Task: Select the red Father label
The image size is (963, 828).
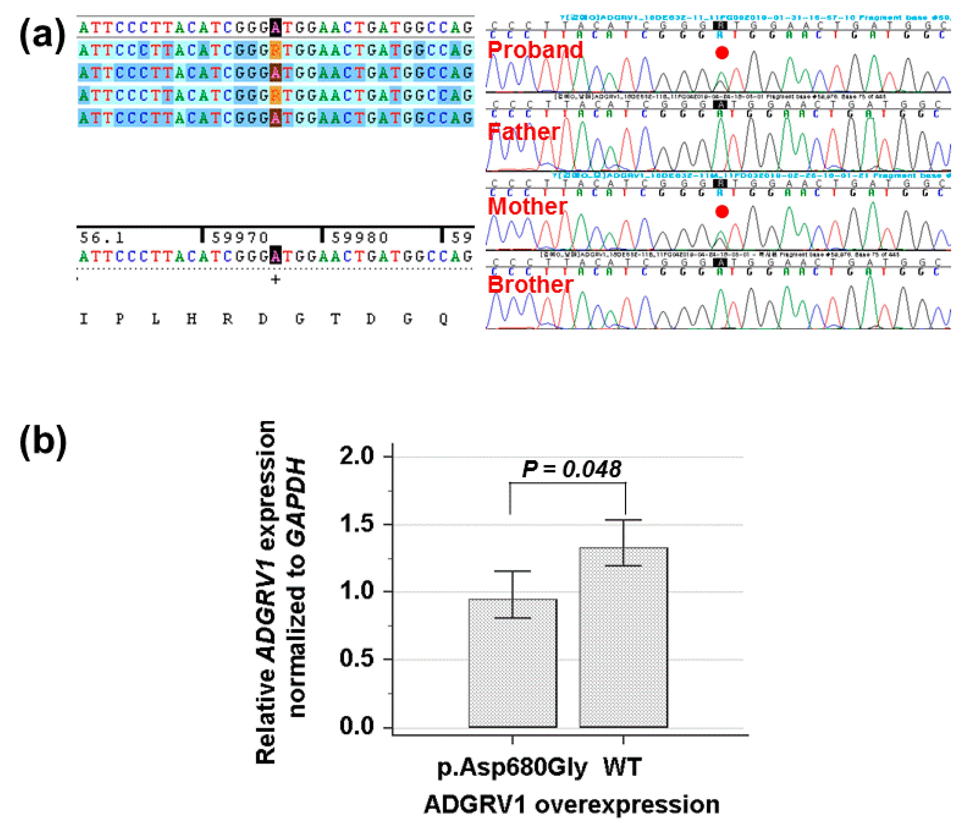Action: pyautogui.click(x=524, y=132)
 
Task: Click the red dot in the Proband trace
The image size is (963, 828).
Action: pyautogui.click(x=722, y=53)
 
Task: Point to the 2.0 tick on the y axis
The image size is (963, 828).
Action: pyautogui.click(x=357, y=456)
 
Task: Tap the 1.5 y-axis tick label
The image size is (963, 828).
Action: pyautogui.click(x=357, y=524)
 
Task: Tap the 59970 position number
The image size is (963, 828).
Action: pyautogui.click(x=240, y=238)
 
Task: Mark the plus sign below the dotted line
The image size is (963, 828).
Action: pyautogui.click(x=276, y=280)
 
